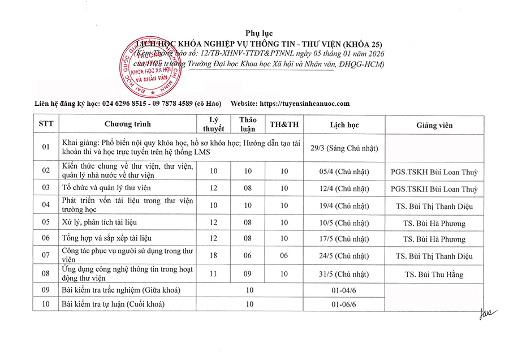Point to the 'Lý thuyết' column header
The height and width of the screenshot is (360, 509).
pyautogui.click(x=213, y=125)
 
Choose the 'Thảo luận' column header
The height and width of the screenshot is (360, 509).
pyautogui.click(x=248, y=125)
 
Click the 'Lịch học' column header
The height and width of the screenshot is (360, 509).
pyautogui.click(x=344, y=125)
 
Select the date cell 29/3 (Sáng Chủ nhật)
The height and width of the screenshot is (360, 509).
pyautogui.click(x=344, y=148)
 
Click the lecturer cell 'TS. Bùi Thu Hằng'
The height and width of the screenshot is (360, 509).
pyautogui.click(x=434, y=275)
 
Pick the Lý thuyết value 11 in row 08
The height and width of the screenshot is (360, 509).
pyautogui.click(x=213, y=275)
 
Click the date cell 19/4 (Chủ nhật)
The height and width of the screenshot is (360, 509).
pyautogui.click(x=344, y=206)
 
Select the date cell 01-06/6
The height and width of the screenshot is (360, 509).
pyautogui.click(x=344, y=305)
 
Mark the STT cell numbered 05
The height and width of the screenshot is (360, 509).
pyautogui.click(x=46, y=222)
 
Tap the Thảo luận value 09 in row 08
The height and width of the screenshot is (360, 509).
pyautogui.click(x=248, y=275)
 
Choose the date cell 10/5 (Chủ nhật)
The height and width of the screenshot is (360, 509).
pyautogui.click(x=344, y=222)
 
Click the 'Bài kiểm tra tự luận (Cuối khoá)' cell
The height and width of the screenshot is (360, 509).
pyautogui.click(x=113, y=305)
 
